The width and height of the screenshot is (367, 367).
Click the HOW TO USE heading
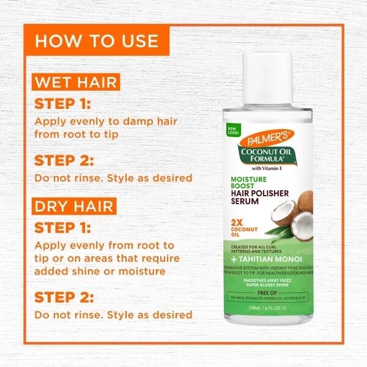(x=97, y=41)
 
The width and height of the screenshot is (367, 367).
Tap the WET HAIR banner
(x=76, y=82)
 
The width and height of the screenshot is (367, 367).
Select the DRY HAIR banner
(x=74, y=206)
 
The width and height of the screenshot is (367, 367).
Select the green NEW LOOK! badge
(x=232, y=130)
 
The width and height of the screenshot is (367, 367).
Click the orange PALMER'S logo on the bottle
(x=268, y=136)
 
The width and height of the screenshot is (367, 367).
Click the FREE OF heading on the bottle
(x=268, y=293)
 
